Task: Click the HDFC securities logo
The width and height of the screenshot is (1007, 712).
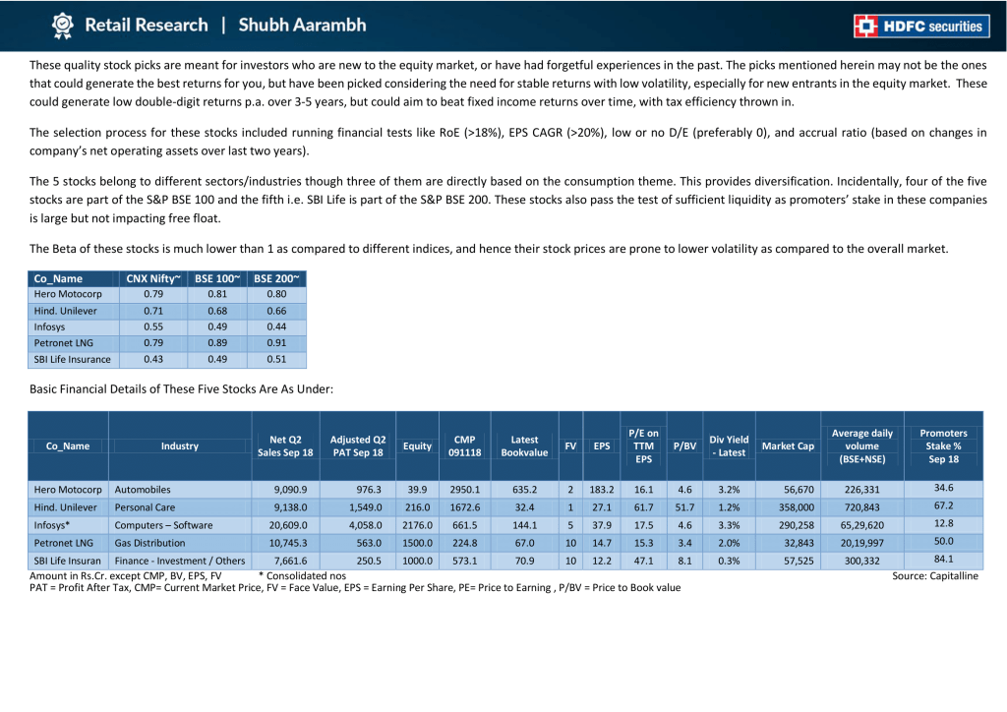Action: click(x=921, y=27)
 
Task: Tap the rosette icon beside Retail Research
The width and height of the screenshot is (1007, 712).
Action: click(x=62, y=26)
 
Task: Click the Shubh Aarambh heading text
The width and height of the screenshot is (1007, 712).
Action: click(x=302, y=25)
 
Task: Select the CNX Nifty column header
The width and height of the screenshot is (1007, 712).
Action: click(x=152, y=278)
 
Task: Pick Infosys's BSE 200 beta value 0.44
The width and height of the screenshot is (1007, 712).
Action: click(x=276, y=326)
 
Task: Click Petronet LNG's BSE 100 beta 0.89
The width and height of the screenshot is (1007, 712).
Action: click(x=217, y=343)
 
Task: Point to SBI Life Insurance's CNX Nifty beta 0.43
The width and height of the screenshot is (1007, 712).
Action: click(x=153, y=359)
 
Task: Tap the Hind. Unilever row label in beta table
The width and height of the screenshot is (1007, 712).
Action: click(x=66, y=311)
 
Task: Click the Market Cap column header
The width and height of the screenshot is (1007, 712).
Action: click(x=788, y=446)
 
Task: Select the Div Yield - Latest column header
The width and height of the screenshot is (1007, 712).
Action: click(x=729, y=446)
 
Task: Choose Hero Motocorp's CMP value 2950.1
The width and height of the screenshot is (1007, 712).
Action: click(x=464, y=489)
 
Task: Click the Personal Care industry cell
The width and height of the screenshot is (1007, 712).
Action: click(x=146, y=507)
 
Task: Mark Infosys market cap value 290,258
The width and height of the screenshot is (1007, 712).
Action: click(x=797, y=525)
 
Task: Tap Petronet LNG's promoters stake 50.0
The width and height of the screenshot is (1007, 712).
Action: click(x=943, y=541)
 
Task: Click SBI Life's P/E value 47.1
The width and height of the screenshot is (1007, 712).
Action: click(x=643, y=561)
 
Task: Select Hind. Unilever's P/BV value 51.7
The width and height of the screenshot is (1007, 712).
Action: click(x=684, y=507)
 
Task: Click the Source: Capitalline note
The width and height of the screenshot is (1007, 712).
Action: click(x=935, y=576)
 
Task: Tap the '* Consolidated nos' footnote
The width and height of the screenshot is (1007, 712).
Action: click(x=303, y=576)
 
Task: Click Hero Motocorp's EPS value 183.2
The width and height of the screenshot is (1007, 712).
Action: click(x=602, y=489)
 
